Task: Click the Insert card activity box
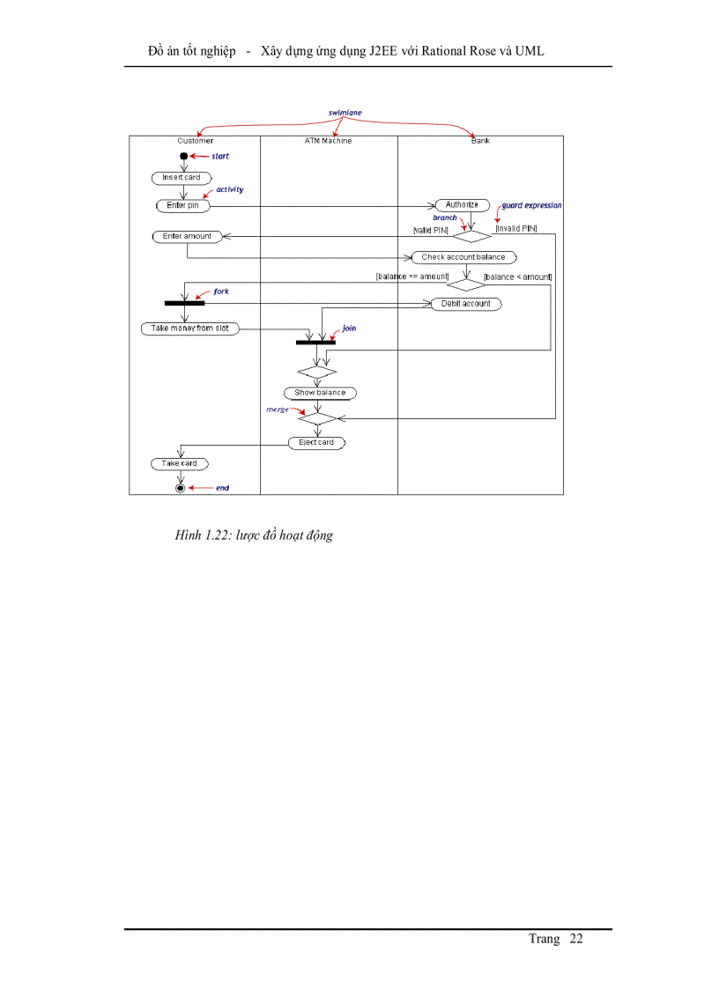click(x=182, y=178)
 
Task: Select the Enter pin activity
click(x=182, y=205)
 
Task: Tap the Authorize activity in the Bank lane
click(x=462, y=205)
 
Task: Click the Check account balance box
click(x=463, y=257)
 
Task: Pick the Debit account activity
click(x=466, y=304)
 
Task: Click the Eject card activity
click(x=316, y=442)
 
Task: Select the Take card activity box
click(x=179, y=463)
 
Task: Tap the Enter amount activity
click(x=187, y=236)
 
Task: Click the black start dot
click(x=183, y=156)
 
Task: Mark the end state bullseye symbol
click(x=181, y=487)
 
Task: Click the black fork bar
click(x=184, y=303)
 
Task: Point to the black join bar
click(x=315, y=342)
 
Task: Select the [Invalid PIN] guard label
click(x=516, y=229)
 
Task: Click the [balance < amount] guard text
click(x=517, y=277)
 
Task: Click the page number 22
click(x=576, y=939)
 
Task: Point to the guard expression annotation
click(x=531, y=205)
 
